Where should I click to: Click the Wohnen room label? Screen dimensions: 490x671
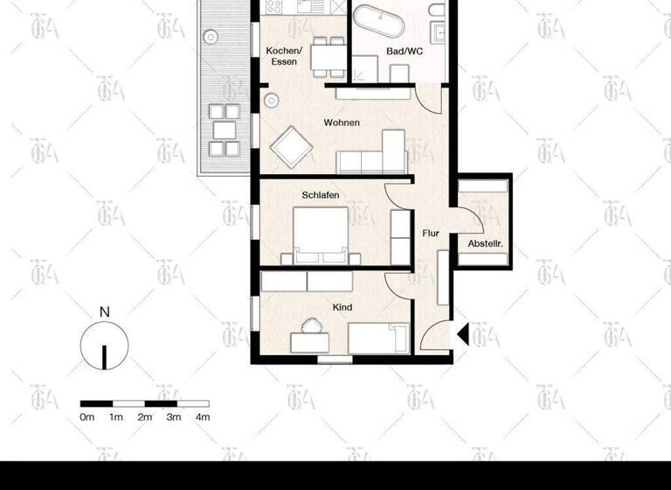coord(342,122)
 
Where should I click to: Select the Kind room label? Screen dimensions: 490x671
coord(342,308)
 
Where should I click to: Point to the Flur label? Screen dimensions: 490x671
coord(430,234)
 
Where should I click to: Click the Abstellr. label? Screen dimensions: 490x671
coord(485,243)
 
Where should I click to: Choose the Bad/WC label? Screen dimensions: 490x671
coord(405,52)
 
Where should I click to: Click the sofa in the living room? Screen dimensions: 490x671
coord(373,155)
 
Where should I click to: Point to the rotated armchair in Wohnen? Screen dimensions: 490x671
coord(292,147)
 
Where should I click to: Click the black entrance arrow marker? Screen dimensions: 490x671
coord(463,333)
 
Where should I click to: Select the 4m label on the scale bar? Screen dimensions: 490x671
coord(203,417)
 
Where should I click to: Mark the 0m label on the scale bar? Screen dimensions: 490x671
coord(87,417)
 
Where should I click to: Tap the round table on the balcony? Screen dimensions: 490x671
coord(210,37)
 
